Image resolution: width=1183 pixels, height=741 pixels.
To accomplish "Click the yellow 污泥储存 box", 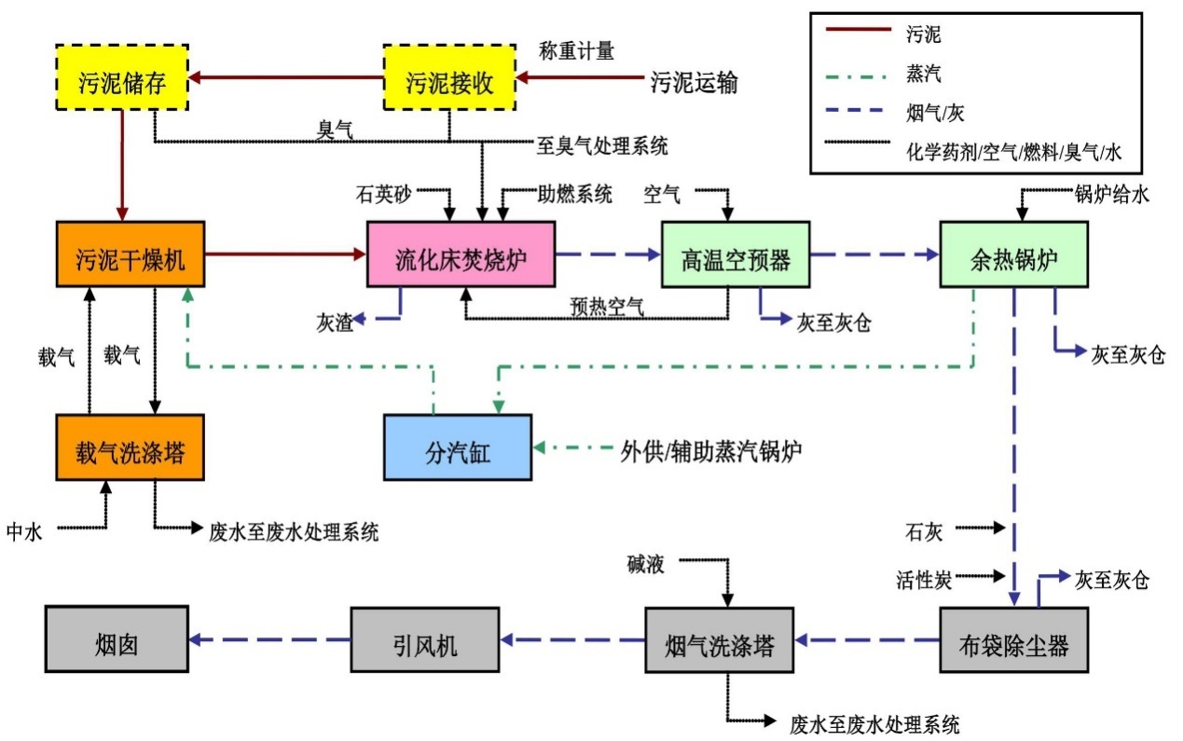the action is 122,77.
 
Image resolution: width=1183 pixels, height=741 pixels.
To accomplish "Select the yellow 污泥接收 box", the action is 449,77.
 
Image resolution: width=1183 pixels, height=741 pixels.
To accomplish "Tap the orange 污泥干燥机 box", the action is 131,254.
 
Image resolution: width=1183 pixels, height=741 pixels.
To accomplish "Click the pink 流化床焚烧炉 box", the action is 461,254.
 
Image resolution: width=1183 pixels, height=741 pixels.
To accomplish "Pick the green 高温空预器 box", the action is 736,254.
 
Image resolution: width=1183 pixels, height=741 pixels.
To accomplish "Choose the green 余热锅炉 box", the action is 1014,254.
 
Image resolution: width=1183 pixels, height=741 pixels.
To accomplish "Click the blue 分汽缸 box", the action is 458,447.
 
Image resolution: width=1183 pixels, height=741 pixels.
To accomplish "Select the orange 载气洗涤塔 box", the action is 131,447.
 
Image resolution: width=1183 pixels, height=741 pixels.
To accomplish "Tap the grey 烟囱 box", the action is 117,639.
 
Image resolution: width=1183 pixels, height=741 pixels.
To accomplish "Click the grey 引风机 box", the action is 425,639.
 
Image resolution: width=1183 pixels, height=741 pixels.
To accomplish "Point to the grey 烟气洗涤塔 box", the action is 720,639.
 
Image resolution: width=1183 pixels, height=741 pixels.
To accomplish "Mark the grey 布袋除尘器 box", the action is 1014,639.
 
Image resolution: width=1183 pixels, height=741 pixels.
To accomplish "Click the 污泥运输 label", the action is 694,83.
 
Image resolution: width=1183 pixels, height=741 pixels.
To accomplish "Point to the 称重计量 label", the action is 576,51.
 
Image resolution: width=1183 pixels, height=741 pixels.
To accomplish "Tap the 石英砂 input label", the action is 383,195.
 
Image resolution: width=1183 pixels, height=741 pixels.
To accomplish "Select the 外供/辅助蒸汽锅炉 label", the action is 711,451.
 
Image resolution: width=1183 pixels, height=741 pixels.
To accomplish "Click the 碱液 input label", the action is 645,565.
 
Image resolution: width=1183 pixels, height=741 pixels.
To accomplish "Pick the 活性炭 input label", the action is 924,580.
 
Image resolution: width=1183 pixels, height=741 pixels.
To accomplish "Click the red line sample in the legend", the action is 859,29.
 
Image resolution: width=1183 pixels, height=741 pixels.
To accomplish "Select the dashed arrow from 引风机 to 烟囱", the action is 269,639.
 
